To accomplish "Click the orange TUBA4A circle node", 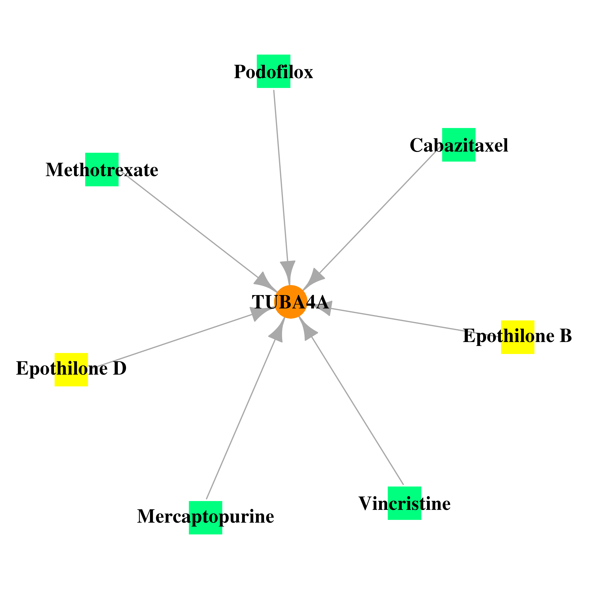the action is (x=291, y=302).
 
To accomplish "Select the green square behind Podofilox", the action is (x=273, y=71).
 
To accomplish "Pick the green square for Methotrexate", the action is (x=102, y=169).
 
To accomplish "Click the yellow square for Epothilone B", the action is (x=518, y=337).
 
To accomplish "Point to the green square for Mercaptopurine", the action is (x=206, y=518).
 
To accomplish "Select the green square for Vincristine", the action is (x=405, y=503).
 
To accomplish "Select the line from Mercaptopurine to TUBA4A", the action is (x=241, y=419).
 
